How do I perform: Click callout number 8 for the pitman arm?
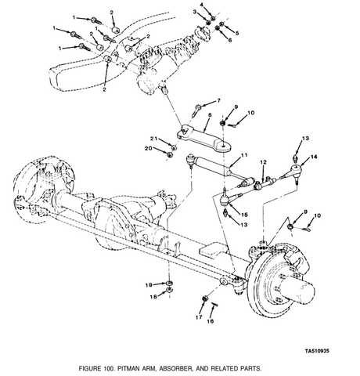[x=210, y=115]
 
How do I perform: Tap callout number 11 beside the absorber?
[x=244, y=155]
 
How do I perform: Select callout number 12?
[x=264, y=162]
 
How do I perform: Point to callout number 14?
[x=314, y=157]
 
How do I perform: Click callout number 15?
[x=244, y=215]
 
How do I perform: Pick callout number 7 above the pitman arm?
[x=218, y=100]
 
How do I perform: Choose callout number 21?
[x=154, y=139]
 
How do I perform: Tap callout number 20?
[x=149, y=148]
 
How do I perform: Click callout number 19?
[x=149, y=285]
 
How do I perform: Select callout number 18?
[x=153, y=297]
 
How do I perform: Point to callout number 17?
[x=199, y=317]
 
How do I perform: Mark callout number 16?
[x=211, y=321]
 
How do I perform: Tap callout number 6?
[x=230, y=40]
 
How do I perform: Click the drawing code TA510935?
[x=317, y=350]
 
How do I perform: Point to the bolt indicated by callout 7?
[x=196, y=110]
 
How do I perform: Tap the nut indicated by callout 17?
[x=205, y=298]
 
